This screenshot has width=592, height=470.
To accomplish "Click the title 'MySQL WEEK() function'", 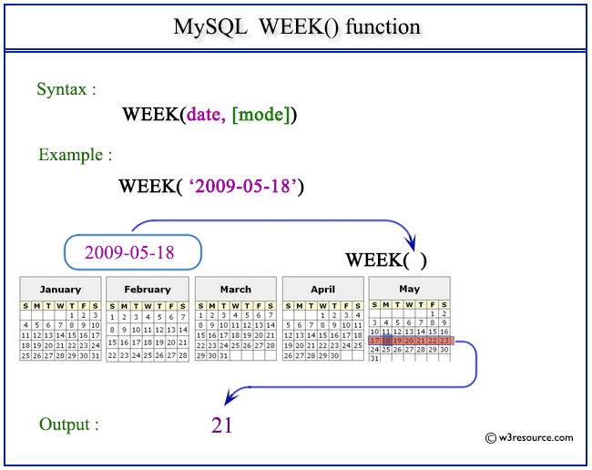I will coord(297,26).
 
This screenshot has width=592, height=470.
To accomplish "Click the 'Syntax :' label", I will coord(66,89).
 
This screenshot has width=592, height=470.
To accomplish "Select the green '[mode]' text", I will coord(260,115).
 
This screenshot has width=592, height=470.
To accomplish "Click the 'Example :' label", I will coord(75,155).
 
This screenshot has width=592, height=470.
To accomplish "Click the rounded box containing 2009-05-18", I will coord(132,252).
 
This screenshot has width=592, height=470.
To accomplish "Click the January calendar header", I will coord(60,290).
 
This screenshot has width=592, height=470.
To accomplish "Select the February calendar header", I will coord(148,290).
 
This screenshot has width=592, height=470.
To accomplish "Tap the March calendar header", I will coord(235,290).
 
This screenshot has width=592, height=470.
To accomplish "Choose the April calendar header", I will coord(322,290).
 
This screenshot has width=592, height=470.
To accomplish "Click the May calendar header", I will coord(409,290).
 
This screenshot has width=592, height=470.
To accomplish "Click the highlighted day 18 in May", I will coord(386,340).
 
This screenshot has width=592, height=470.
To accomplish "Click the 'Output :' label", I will coord(69,424).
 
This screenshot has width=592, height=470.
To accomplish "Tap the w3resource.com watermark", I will coord(530,437).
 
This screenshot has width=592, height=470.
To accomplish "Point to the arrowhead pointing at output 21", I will coord(230,395).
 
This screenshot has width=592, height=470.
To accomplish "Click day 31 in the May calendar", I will coord(374,358).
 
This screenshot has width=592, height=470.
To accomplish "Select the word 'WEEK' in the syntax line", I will coord(151,115).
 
